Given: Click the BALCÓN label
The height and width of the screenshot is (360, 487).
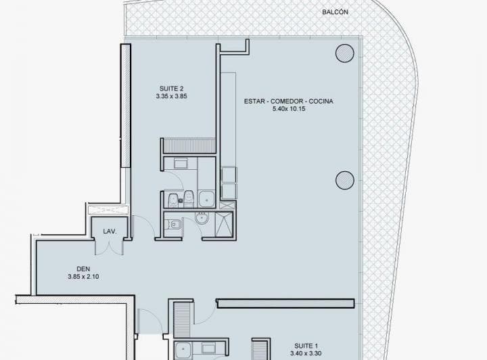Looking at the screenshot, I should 335,13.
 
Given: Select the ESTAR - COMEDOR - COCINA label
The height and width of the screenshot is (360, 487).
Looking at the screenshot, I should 289,101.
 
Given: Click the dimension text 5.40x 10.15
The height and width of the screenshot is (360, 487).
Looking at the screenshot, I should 289,109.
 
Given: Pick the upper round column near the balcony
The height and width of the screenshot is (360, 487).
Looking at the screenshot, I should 344,52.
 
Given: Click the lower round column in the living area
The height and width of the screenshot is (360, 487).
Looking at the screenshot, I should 344,180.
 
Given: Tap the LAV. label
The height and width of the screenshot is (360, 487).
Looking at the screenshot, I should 110,231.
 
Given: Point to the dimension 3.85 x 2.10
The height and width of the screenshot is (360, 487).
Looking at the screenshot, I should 84,276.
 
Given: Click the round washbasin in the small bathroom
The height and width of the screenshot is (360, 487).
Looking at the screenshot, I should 201,219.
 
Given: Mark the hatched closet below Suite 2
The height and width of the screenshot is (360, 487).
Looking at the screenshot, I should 189,145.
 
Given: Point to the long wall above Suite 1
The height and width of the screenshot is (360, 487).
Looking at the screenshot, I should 286,302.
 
